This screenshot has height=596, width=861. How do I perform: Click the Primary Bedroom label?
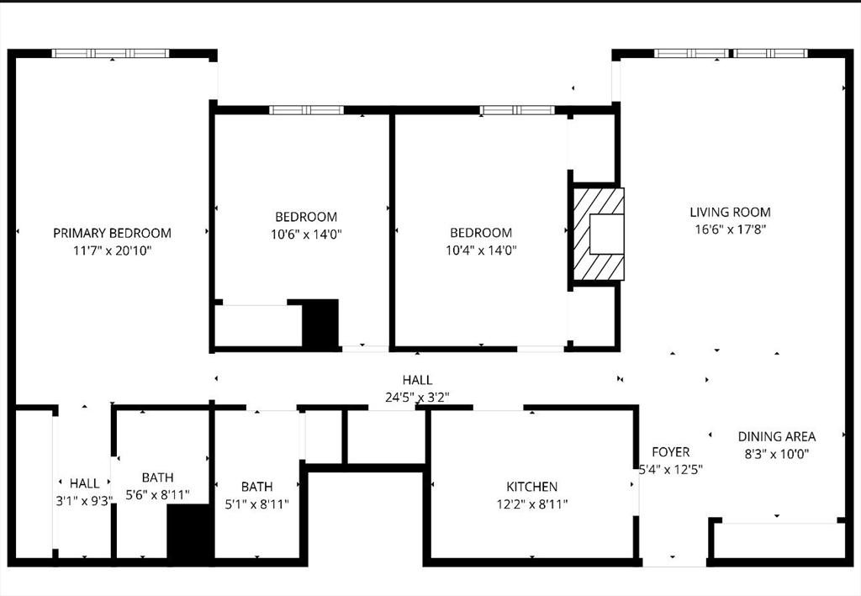(x=112, y=233)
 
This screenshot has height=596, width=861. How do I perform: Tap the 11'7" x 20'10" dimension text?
(x=112, y=251)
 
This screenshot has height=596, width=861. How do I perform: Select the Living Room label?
(x=730, y=213)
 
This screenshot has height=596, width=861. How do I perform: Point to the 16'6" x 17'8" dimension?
(x=730, y=229)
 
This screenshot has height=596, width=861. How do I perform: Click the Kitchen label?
(x=531, y=487)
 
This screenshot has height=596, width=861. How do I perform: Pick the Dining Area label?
(x=777, y=436)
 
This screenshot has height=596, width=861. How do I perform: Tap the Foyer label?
(x=670, y=452)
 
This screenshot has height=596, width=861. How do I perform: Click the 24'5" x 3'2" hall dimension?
(x=417, y=397)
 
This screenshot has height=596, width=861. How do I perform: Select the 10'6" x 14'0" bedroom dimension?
(x=306, y=234)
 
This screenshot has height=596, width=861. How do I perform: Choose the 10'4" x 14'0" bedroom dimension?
(x=481, y=250)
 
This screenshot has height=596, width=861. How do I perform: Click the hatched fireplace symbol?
(x=600, y=234)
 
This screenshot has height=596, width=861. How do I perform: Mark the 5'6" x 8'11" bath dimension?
(x=157, y=494)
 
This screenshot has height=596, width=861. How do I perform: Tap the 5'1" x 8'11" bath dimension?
(x=256, y=504)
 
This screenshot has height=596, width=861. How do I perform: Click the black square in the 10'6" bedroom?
(x=320, y=323)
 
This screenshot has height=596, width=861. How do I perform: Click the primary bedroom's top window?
(x=110, y=53)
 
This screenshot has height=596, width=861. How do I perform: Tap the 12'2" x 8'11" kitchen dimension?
(x=531, y=504)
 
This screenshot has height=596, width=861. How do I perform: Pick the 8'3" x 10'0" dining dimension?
(x=777, y=453)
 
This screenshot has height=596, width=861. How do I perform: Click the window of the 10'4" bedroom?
(x=517, y=109)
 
